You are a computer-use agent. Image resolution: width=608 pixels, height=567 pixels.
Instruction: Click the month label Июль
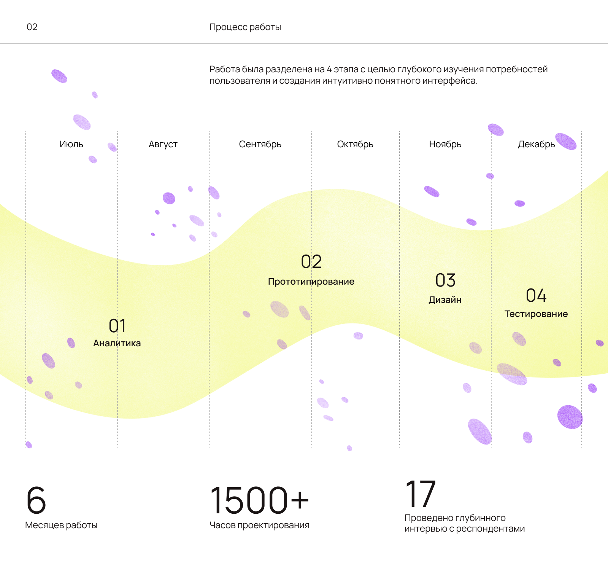pos(71,144)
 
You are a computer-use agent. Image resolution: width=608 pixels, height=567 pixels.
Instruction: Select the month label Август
pos(163,144)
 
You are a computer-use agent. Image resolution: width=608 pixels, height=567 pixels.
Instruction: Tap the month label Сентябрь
pos(260,144)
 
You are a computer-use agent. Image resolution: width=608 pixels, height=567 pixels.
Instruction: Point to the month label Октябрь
pos(355,144)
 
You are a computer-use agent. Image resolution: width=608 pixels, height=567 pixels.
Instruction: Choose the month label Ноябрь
pos(445,144)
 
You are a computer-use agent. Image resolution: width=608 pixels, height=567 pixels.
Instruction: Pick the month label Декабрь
pos(536,144)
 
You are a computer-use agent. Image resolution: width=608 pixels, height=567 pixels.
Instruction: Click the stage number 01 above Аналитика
pos(117,326)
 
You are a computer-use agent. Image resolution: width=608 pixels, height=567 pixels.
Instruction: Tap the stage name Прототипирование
pos(311,282)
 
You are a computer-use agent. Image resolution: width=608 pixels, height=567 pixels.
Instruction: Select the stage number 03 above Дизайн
pos(445,280)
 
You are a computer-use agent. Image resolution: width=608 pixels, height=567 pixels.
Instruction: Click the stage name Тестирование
pos(536,314)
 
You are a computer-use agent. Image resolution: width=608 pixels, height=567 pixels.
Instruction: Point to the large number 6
pos(36,500)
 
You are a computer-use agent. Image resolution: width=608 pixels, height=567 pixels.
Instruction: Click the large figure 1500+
pos(259,500)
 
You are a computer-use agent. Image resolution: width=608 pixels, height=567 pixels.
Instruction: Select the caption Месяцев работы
pos(61,525)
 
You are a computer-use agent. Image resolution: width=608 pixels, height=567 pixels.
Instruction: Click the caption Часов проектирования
pos(259,525)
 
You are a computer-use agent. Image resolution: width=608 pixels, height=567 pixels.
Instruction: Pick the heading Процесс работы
pos(245,27)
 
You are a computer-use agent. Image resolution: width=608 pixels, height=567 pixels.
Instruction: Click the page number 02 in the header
pos(32,27)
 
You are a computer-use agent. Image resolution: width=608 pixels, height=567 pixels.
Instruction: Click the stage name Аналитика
pos(117,343)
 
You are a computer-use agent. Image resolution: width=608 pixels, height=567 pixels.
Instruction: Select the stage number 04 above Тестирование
pos(536,295)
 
